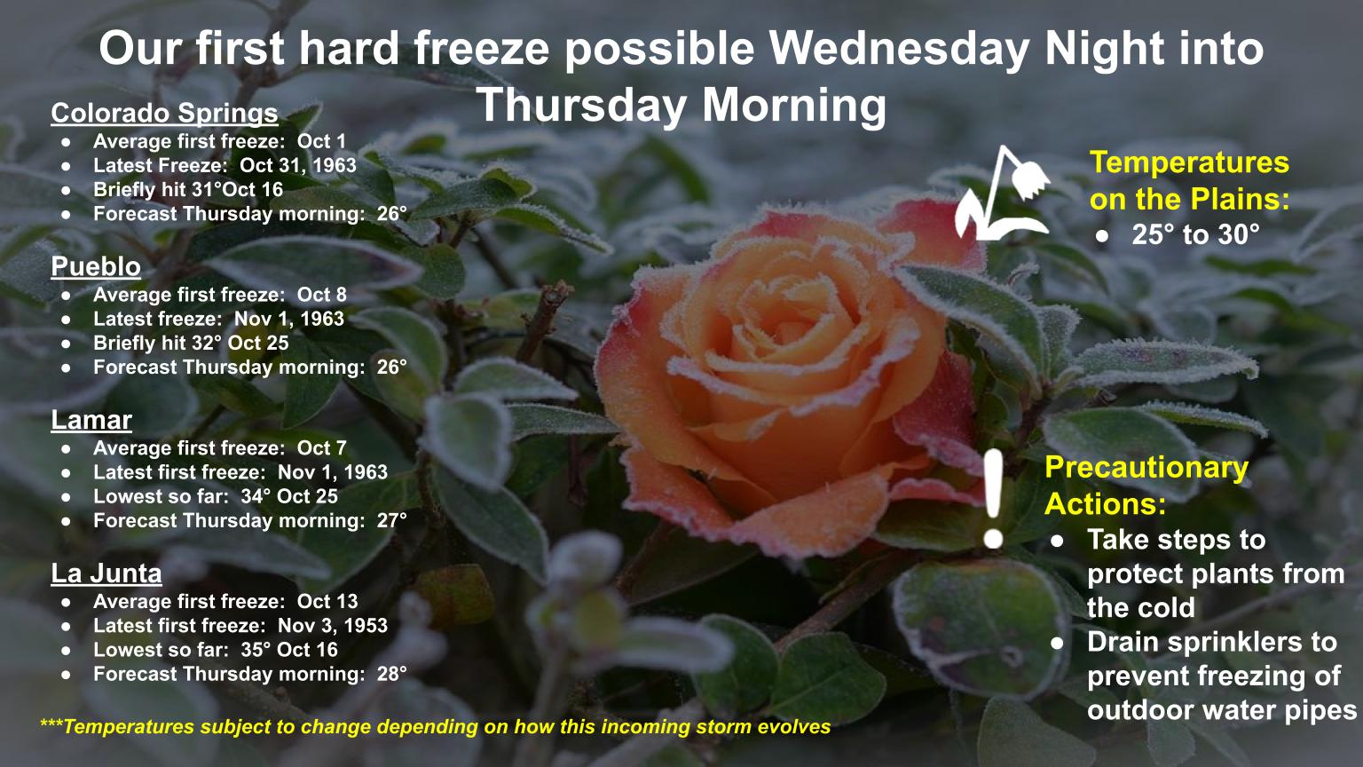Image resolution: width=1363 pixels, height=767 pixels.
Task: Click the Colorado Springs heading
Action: tap(164, 114)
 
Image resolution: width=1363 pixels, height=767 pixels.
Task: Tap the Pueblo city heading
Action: tap(96, 266)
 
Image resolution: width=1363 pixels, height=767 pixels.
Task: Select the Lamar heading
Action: tap(91, 420)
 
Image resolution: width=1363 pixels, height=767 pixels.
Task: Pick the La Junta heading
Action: tap(106, 573)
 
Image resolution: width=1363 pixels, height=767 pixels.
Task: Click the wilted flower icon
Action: tap(1002, 193)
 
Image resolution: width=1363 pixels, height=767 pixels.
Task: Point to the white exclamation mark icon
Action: tap(993, 499)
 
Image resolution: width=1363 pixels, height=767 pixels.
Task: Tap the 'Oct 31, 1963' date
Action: tap(297, 166)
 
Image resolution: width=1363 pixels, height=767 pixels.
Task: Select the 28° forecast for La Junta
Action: tap(391, 674)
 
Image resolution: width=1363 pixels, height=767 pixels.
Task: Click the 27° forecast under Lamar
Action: tap(391, 520)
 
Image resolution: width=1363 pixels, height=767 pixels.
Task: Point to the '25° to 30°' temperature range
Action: tap(1195, 235)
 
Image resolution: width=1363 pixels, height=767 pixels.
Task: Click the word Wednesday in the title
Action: tap(898, 49)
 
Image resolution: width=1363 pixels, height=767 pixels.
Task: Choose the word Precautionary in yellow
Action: tap(1146, 469)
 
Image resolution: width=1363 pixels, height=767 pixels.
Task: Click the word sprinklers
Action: tap(1237, 643)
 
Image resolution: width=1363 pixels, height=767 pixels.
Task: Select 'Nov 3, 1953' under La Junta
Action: tap(332, 626)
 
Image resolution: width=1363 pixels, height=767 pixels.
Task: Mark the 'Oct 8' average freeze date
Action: tap(321, 295)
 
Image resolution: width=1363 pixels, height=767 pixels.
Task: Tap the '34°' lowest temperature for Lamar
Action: tap(255, 496)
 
